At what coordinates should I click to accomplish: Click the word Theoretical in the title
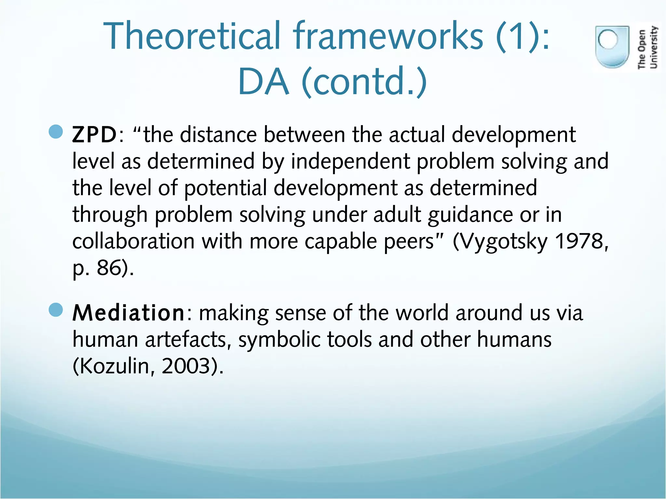(192, 36)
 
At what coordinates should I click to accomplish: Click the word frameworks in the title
(388, 36)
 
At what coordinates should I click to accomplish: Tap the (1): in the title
(523, 36)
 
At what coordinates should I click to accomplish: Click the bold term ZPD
(94, 135)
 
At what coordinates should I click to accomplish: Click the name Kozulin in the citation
(112, 366)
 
